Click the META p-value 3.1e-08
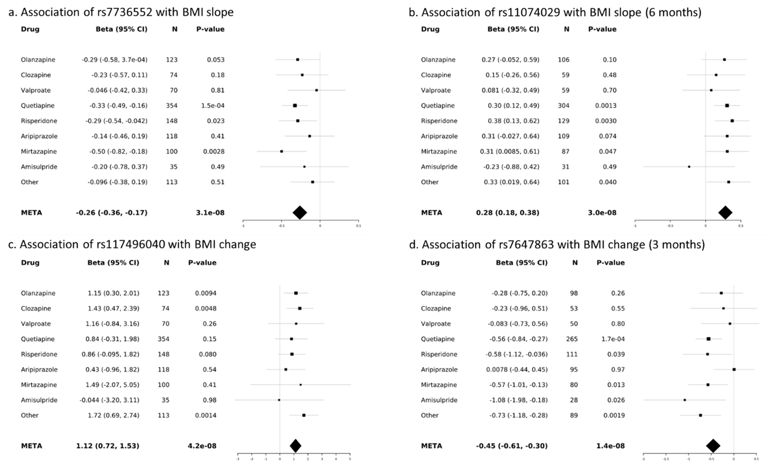point(210,213)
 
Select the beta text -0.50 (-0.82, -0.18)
point(118,152)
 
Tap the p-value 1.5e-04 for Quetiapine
point(212,106)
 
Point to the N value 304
point(564,106)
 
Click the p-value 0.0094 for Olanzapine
point(205,293)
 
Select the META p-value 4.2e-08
point(202,446)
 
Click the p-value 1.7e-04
point(610,339)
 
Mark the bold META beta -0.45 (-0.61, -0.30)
point(512,446)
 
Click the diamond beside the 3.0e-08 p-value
point(725,213)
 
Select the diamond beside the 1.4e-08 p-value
point(713,446)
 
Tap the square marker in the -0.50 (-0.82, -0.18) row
point(282,152)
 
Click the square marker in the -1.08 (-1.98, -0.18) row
point(685,400)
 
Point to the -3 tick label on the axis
point(238,459)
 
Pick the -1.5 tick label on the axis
point(666,459)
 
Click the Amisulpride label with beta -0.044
point(39,400)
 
